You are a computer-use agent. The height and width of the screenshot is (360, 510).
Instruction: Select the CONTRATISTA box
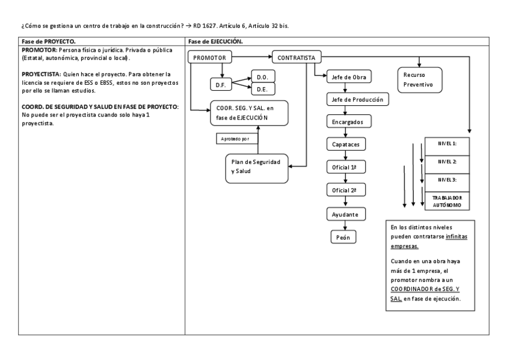coord(296,58)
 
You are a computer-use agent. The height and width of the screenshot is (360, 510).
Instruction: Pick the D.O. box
coord(262,77)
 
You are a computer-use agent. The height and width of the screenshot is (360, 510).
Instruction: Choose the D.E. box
coord(262,89)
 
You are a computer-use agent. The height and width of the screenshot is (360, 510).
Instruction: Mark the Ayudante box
coord(345,213)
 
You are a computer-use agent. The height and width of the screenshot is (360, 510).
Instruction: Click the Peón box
coord(343,237)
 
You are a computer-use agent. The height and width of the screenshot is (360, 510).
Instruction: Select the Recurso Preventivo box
coord(420,80)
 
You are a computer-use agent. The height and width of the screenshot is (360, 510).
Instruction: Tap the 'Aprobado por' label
coord(237,138)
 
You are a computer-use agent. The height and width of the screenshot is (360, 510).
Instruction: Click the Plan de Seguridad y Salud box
coord(256,167)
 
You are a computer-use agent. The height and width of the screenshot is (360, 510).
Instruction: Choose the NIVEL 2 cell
coord(447,162)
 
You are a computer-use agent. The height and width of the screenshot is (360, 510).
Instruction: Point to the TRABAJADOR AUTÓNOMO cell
coord(447,201)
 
